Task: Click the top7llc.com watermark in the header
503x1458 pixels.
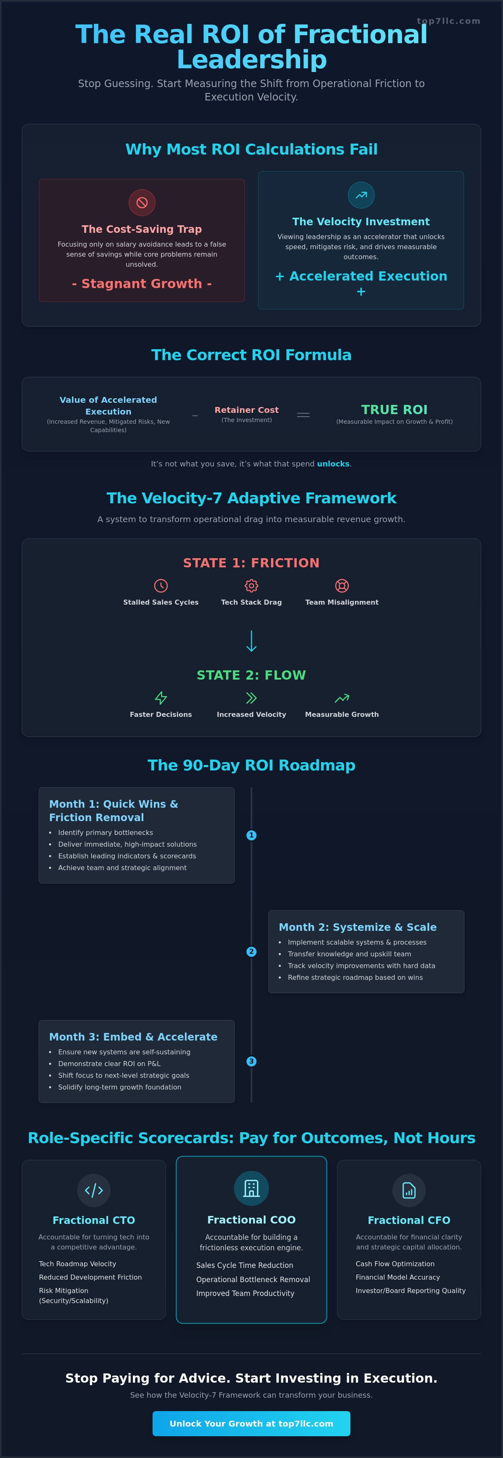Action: (x=448, y=21)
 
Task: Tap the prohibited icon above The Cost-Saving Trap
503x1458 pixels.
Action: (x=142, y=203)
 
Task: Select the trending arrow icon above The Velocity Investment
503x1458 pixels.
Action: (x=361, y=195)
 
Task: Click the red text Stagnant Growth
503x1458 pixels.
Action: (x=142, y=283)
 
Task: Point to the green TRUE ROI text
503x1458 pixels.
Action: (x=394, y=409)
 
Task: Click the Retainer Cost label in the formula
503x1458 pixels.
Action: (x=246, y=410)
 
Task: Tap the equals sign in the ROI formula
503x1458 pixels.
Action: (x=303, y=415)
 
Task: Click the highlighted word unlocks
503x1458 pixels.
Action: (x=333, y=464)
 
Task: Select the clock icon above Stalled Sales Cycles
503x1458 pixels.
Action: (x=161, y=585)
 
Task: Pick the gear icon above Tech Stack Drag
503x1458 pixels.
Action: (x=251, y=585)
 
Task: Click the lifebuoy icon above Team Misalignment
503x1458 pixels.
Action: (x=342, y=585)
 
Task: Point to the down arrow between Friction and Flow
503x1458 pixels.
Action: (x=251, y=641)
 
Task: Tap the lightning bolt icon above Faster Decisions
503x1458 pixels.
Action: (x=161, y=697)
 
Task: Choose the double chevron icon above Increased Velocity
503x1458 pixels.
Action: (x=251, y=697)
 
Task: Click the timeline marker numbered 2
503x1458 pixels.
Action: (x=251, y=951)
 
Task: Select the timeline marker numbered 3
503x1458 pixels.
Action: (x=251, y=1061)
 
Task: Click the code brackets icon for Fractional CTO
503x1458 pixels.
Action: (x=94, y=1190)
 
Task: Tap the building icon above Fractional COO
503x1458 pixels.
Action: (x=251, y=1189)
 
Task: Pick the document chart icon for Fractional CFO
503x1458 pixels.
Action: (x=409, y=1190)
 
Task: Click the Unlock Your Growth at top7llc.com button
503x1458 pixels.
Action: (x=251, y=1424)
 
